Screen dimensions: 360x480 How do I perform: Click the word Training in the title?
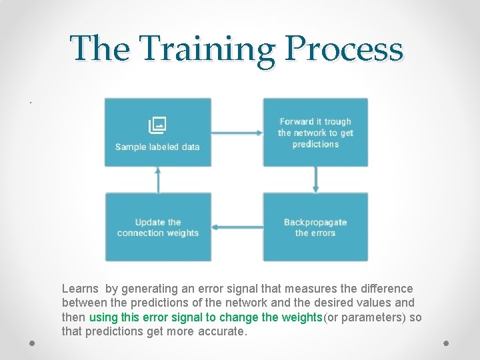(209, 49)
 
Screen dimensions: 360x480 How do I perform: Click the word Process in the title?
(344, 49)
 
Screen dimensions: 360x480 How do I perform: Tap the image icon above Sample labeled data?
(157, 125)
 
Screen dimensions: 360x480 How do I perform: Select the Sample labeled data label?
(157, 147)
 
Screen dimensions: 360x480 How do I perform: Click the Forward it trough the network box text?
(315, 133)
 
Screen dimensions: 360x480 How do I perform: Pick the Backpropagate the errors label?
(315, 227)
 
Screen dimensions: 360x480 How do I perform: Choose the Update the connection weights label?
(158, 227)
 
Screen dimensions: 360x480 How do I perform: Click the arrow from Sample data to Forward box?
(237, 132)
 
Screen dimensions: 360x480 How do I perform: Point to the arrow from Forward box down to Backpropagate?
(316, 179)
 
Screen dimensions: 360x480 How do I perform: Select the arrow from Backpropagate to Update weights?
(237, 227)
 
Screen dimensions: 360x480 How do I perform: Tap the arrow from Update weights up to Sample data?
(158, 179)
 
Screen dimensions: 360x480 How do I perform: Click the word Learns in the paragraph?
(80, 289)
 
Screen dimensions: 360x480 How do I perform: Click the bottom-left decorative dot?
(32, 343)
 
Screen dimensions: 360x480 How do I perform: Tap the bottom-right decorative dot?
(446, 343)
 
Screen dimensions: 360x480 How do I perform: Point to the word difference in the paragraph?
(387, 289)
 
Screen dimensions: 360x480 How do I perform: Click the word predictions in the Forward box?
(315, 144)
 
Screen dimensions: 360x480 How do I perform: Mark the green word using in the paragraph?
(103, 317)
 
